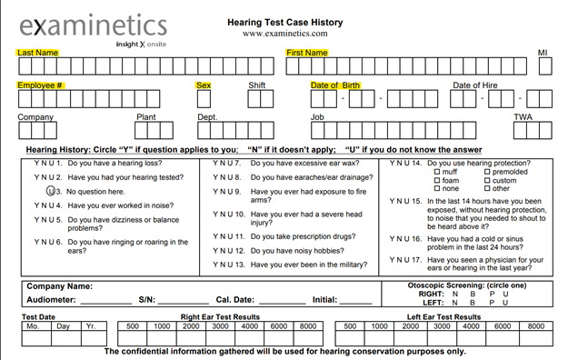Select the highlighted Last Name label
pyautogui.click(x=37, y=53)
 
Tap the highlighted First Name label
pyautogui.click(x=307, y=53)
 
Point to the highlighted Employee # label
pyautogui.click(x=40, y=85)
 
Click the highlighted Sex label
pyautogui.click(x=204, y=85)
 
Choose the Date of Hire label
pyautogui.click(x=475, y=85)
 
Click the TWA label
pyautogui.click(x=523, y=117)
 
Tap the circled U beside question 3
pyautogui.click(x=51, y=192)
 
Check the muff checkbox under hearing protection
pyautogui.click(x=437, y=172)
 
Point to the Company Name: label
pyautogui.click(x=60, y=287)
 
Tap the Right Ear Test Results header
pyautogui.click(x=222, y=316)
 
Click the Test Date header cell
pyautogui.click(x=38, y=316)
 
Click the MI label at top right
pyautogui.click(x=543, y=53)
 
